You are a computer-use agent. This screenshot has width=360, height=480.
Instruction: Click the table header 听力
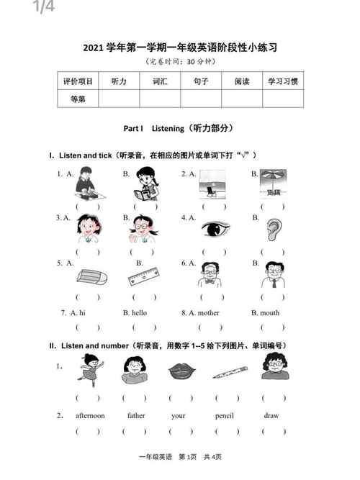120,81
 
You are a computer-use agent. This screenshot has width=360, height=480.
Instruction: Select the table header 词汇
160,81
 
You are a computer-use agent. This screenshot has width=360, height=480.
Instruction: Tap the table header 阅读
242,81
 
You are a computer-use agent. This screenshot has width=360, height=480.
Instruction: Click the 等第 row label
78,99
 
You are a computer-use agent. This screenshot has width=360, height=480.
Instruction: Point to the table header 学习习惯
283,81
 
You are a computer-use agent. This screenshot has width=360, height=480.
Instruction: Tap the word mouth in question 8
270,313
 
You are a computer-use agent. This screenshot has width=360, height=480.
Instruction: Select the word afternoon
90,415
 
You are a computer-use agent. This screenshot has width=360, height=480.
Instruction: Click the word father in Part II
136,415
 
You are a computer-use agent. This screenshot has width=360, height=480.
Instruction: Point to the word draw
271,415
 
